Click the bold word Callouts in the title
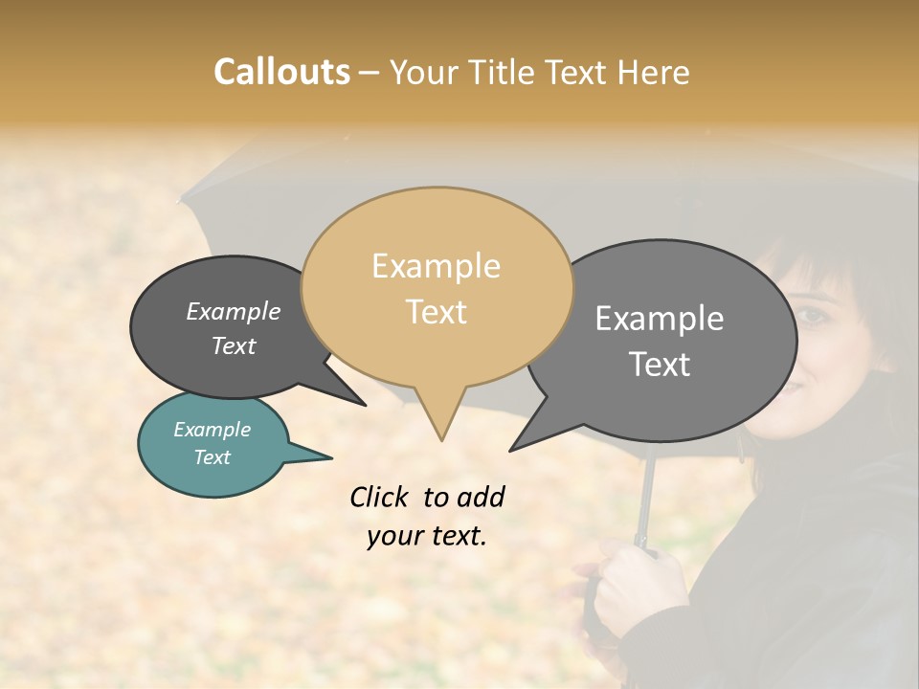pyautogui.click(x=281, y=72)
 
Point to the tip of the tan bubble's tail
pyautogui.click(x=441, y=439)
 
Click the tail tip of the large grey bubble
pyautogui.click(x=512, y=449)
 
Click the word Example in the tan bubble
pyautogui.click(x=436, y=266)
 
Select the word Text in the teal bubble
pyautogui.click(x=212, y=457)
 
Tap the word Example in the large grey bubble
pyautogui.click(x=659, y=318)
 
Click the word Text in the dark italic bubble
pyautogui.click(x=233, y=345)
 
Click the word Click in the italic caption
pyautogui.click(x=381, y=497)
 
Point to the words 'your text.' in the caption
pyautogui.click(x=427, y=536)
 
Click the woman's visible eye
pyautogui.click(x=811, y=317)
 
